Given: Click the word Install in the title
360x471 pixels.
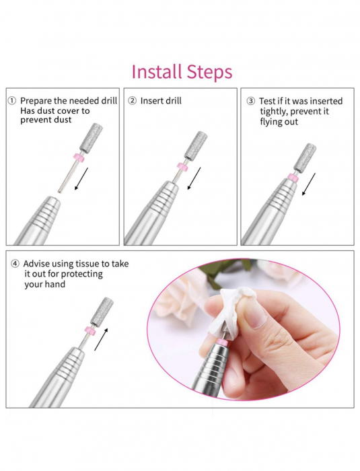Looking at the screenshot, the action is click(157, 72).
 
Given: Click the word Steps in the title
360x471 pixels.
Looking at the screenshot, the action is click(209, 72).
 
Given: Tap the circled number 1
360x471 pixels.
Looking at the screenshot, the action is click(11, 101).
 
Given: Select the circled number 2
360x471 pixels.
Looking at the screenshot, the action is click(132, 101).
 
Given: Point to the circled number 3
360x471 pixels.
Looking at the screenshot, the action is click(250, 101).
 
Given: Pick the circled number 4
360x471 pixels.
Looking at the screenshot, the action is click(15, 264).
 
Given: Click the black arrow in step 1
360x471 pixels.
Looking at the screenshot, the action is click(81, 179).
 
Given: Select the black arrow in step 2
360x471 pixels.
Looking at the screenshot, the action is click(194, 178).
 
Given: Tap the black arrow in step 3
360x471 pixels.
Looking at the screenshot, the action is click(309, 184).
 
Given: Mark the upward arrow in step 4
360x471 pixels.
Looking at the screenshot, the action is click(101, 339).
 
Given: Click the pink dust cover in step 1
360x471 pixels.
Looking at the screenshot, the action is click(79, 157).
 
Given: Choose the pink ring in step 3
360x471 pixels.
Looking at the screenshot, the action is click(293, 178).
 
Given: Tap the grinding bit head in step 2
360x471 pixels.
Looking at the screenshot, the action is click(196, 146).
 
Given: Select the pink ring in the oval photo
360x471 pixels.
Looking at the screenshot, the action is click(222, 342).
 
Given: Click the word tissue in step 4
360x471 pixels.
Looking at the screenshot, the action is click(87, 264).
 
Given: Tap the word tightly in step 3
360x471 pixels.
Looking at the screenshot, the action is click(274, 112).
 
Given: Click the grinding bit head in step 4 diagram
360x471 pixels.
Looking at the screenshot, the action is click(103, 312).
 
